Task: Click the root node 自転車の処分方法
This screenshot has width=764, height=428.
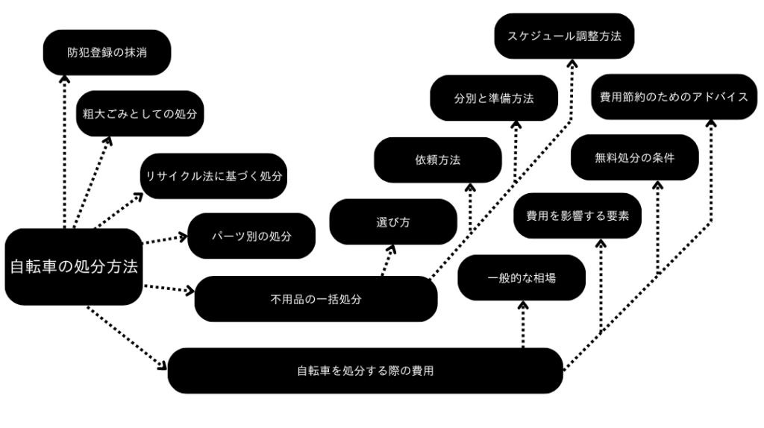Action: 73,267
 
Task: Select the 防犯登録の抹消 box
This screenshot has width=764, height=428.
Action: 107,52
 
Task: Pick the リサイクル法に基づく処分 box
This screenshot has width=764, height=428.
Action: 214,177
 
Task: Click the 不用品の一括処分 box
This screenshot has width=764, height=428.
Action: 316,299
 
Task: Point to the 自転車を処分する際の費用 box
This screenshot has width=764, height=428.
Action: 365,371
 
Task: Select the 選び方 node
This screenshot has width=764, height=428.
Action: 393,222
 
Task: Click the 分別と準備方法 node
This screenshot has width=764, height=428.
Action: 494,98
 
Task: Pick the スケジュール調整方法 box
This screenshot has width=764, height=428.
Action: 565,36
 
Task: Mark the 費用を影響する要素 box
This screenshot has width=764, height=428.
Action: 578,216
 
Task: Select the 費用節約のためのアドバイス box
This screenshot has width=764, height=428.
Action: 674,96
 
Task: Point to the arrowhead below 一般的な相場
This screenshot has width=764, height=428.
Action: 523,305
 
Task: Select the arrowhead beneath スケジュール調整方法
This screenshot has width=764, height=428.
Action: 572,62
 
